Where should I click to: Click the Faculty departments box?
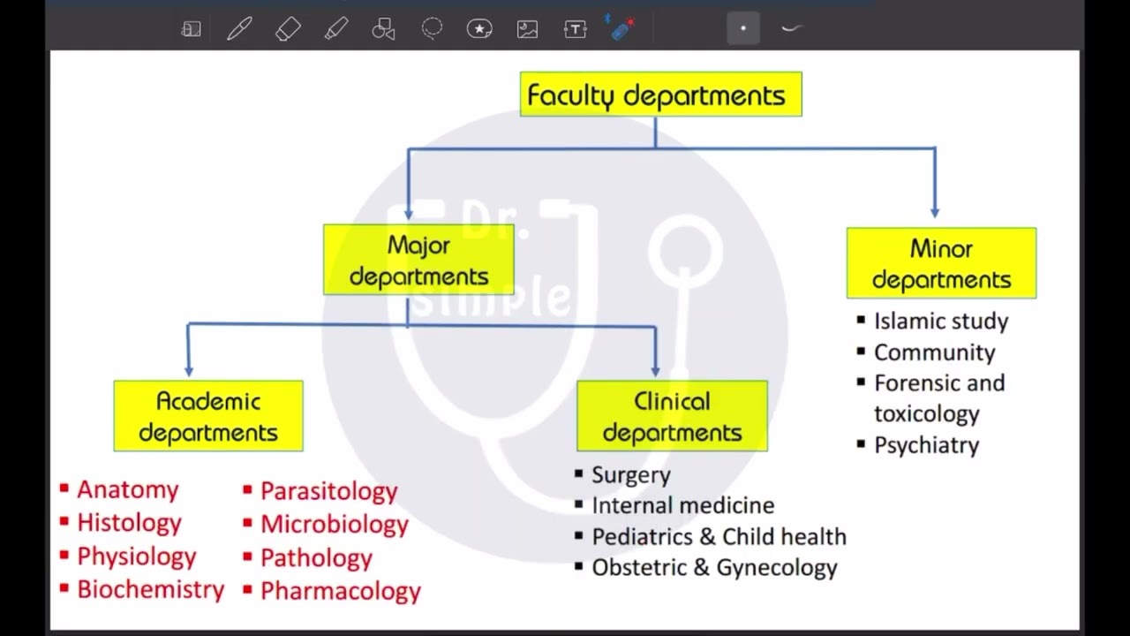tap(661, 95)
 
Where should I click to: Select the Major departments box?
tap(418, 260)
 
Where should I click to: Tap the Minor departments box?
tap(941, 263)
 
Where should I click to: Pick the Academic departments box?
tap(208, 416)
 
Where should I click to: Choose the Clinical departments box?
tap(672, 416)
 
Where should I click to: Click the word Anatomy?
tap(128, 489)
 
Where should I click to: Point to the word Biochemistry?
tap(150, 589)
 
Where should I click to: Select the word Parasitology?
tap(329, 491)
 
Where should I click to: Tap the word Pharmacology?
tap(341, 591)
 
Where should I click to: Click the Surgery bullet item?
tap(623, 475)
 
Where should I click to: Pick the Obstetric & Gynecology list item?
tap(706, 568)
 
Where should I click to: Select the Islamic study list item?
tap(933, 321)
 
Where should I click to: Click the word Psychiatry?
tap(927, 445)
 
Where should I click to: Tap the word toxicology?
tap(927, 414)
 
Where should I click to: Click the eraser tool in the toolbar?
tap(288, 28)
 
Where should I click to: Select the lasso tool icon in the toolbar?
tap(432, 28)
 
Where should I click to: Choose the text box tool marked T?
tap(575, 29)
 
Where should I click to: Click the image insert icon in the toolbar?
tap(527, 29)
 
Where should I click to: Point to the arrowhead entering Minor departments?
tap(935, 212)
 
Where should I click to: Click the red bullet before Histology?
tap(64, 521)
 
